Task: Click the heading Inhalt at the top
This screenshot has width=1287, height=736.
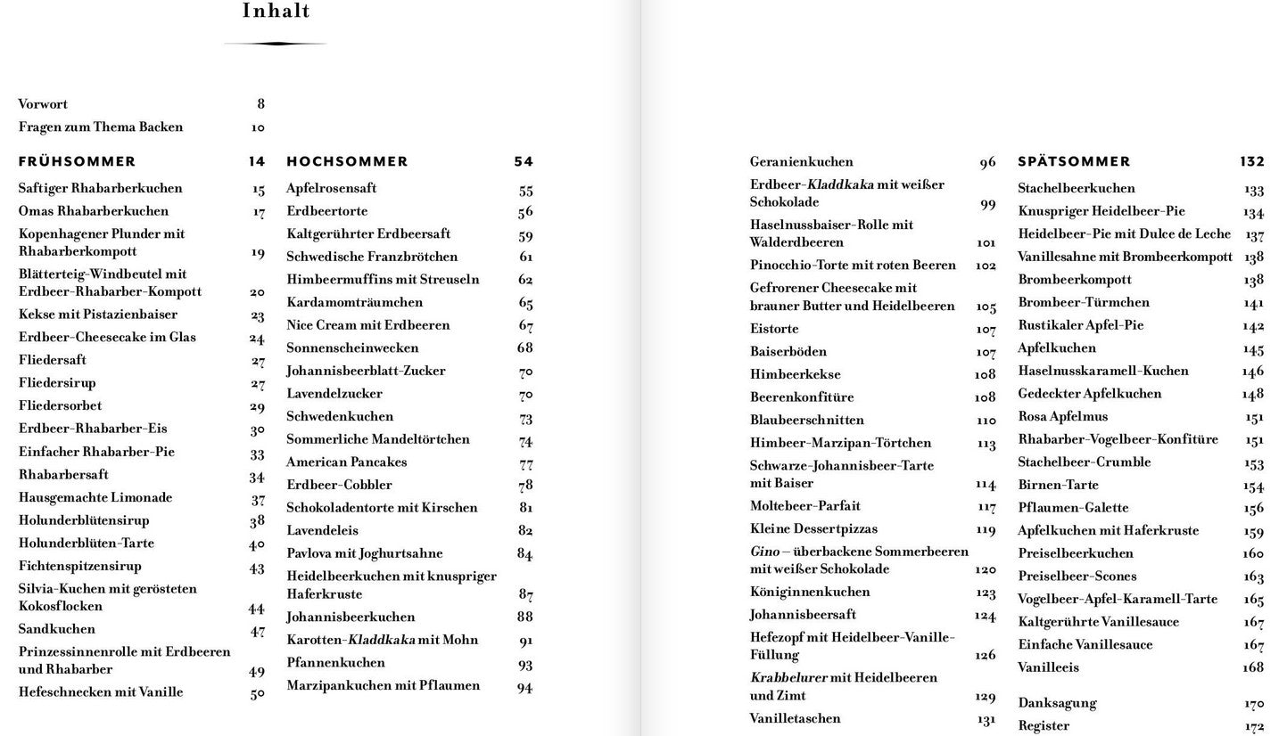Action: pyautogui.click(x=276, y=12)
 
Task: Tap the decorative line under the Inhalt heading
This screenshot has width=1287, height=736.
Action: pyautogui.click(x=276, y=43)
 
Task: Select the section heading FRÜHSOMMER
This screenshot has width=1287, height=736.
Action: pyautogui.click(x=77, y=161)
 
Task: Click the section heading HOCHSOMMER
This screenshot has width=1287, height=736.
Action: pyautogui.click(x=347, y=161)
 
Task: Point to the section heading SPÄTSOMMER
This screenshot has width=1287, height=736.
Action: pyautogui.click(x=1074, y=161)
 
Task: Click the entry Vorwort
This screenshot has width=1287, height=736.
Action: pyautogui.click(x=43, y=104)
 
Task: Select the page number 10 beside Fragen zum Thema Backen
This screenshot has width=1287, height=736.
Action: pyautogui.click(x=258, y=127)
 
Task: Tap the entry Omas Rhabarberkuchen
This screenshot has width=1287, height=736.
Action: pyautogui.click(x=94, y=211)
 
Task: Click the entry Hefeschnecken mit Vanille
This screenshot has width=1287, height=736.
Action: pyautogui.click(x=101, y=692)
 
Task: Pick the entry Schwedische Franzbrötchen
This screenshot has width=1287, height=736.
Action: pyautogui.click(x=372, y=257)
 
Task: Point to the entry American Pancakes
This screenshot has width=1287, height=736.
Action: pyautogui.click(x=346, y=462)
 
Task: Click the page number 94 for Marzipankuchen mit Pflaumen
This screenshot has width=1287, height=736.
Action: pyautogui.click(x=524, y=686)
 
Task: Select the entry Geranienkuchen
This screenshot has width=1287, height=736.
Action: pyautogui.click(x=801, y=162)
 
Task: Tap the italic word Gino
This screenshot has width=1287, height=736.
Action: pyautogui.click(x=764, y=552)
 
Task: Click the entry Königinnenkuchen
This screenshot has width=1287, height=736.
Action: pyautogui.click(x=810, y=592)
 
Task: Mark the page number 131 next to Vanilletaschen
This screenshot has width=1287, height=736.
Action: pyautogui.click(x=986, y=719)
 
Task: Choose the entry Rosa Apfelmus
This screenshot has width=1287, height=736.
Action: pyautogui.click(x=1062, y=416)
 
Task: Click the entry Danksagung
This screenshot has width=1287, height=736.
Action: pyautogui.click(x=1057, y=703)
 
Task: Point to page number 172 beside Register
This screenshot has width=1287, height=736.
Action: pyautogui.click(x=1254, y=726)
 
